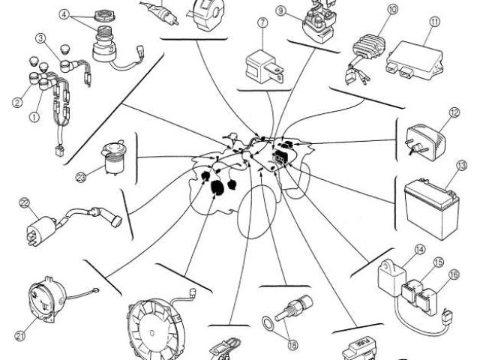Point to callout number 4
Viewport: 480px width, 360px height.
(64, 14)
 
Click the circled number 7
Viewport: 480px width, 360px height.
(262, 23)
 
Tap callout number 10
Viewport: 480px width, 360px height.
(392, 10)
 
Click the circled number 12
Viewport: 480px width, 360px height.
(454, 114)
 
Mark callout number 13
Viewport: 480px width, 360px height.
(461, 165)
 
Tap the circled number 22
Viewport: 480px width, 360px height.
(25, 202)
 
